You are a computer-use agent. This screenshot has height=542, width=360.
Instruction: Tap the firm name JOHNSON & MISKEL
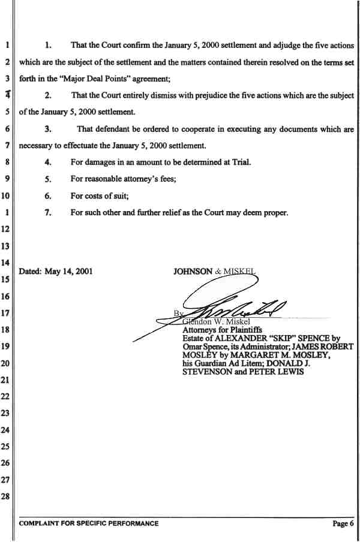[x=215, y=271]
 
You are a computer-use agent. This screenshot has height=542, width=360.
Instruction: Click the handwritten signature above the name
[x=234, y=308]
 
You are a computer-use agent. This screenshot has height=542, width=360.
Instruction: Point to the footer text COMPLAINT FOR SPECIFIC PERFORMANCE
[x=89, y=523]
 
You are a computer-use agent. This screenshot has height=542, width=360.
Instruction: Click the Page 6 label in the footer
[x=343, y=523]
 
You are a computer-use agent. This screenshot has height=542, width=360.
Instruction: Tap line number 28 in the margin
[x=6, y=497]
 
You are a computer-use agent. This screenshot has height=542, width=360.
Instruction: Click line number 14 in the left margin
[x=6, y=262]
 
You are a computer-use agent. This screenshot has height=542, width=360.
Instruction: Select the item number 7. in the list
[x=49, y=212]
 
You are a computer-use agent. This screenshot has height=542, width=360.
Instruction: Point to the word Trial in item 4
[x=241, y=162]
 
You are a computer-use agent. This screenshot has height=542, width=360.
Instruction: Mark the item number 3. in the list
[x=49, y=129]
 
